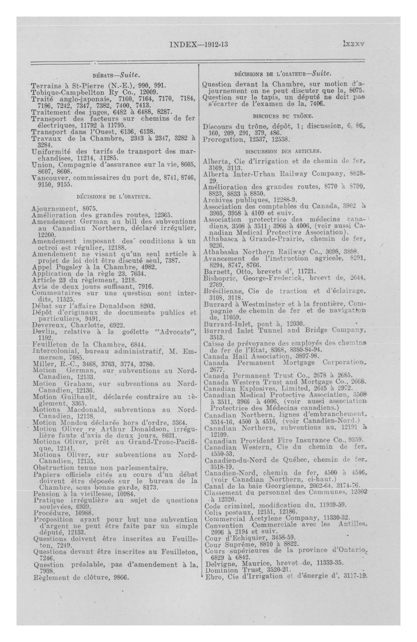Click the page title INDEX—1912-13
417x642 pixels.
click(199, 44)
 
